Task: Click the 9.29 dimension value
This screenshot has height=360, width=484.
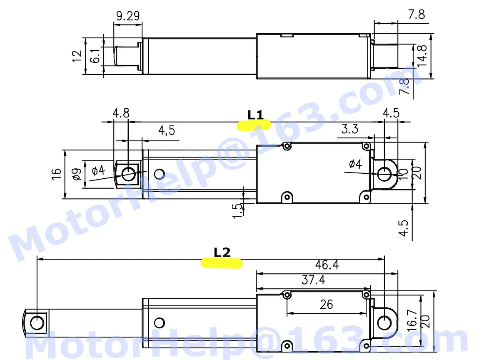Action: [x=127, y=16]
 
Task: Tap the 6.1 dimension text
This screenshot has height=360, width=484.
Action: [x=95, y=56]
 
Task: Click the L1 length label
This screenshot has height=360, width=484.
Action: [x=256, y=115]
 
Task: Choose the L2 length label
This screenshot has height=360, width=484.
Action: [x=222, y=252]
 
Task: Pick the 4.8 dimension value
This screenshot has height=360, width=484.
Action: [x=121, y=113]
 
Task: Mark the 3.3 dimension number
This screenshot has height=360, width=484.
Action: [x=349, y=129]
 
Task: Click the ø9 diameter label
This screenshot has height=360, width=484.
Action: [x=76, y=175]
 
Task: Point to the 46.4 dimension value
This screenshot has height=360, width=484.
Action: [x=326, y=265]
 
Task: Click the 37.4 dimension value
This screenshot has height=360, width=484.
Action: [x=312, y=280]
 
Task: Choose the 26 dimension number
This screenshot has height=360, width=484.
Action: [x=326, y=305]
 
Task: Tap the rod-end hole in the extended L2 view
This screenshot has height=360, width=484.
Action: [x=37, y=322]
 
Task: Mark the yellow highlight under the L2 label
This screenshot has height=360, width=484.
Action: [x=222, y=263]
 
